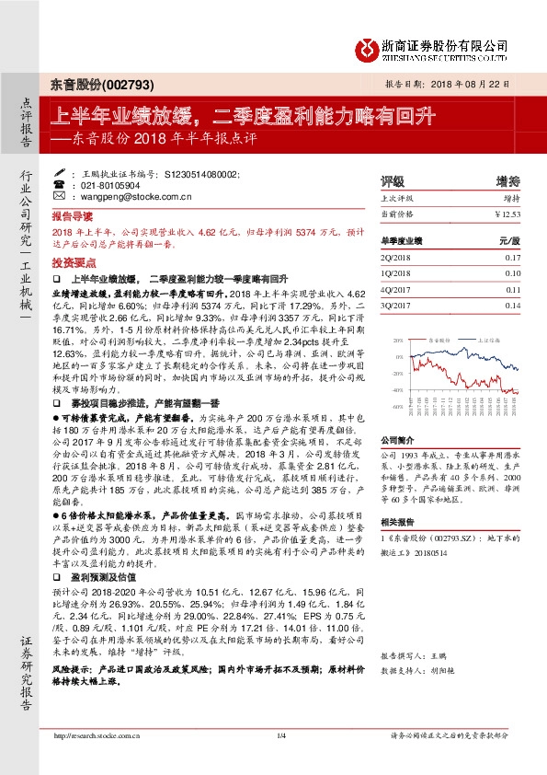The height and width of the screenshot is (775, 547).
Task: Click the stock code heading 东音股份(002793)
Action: (90, 83)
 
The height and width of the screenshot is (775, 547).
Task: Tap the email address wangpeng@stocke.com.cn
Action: (128, 197)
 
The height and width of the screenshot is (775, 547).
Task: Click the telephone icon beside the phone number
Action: (60, 185)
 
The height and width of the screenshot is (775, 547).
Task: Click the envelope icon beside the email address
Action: (60, 197)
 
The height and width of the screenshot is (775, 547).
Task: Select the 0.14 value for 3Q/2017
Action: (512, 305)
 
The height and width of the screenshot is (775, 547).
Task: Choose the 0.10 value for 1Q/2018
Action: (512, 273)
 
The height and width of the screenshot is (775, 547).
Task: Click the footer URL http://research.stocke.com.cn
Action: (97, 735)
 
